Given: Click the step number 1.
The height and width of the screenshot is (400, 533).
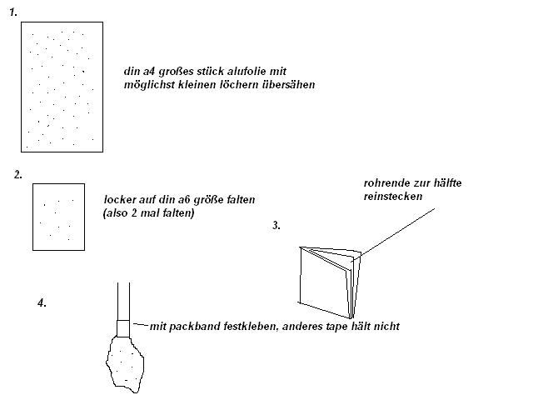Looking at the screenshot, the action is point(13,12).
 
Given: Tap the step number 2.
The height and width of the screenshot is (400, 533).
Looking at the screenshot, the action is point(18,174).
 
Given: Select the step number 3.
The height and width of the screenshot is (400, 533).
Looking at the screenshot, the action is point(276,225).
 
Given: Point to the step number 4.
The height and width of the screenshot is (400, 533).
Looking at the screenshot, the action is point(42,302).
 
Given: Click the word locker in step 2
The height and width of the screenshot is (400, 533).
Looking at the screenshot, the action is point(120,199).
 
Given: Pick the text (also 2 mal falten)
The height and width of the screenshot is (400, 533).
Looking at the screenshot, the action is point(148,213).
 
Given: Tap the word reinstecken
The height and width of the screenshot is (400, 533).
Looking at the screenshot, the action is point(393,197).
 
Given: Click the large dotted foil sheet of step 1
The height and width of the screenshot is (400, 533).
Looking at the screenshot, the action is point(62,87).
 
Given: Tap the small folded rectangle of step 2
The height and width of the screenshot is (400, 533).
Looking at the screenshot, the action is point(58,217).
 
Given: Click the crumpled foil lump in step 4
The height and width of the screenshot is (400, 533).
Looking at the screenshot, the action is point(125,364).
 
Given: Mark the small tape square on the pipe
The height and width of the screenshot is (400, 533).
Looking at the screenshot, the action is point(123,328).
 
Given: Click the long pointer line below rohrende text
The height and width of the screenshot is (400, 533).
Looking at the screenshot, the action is point(397,232).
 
